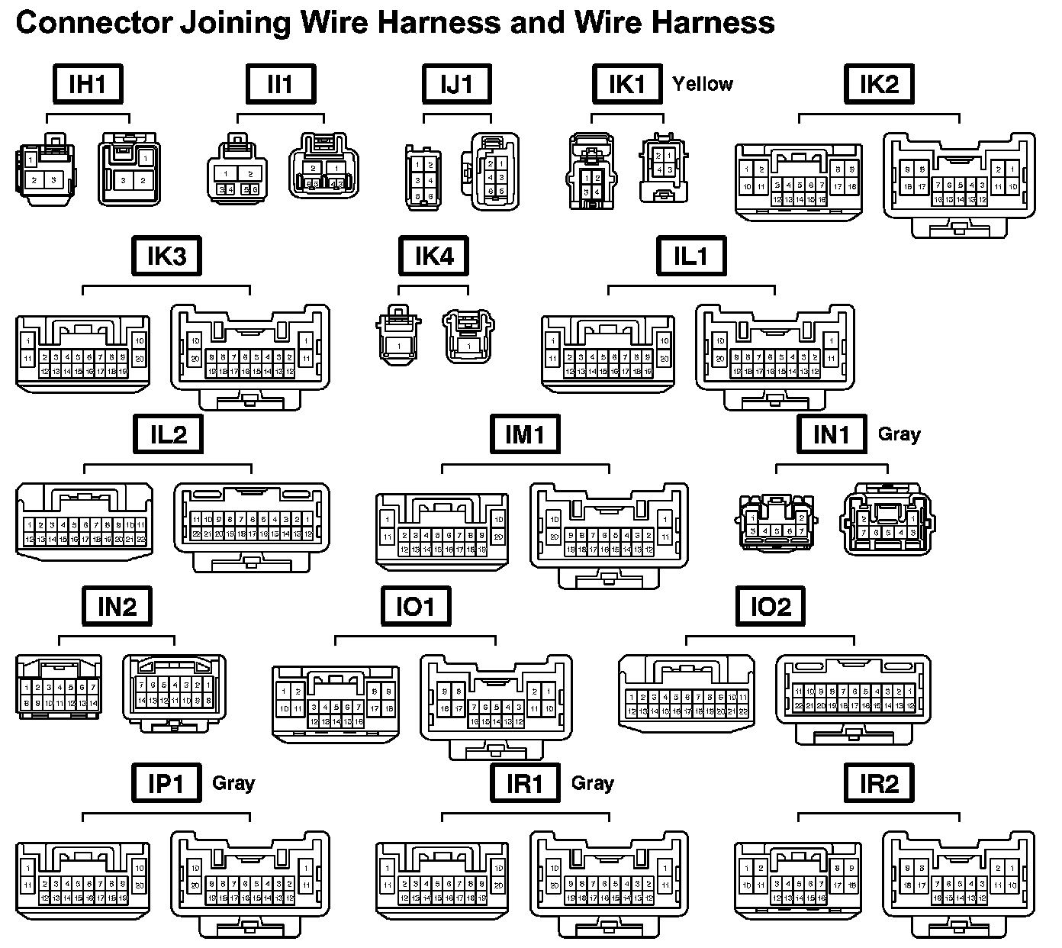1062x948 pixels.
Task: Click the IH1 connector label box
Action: [x=88, y=84]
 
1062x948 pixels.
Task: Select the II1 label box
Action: [x=281, y=84]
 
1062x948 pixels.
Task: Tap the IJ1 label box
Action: [x=457, y=84]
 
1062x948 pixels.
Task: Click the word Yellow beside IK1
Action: [x=702, y=84]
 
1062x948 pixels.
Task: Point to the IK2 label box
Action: [x=879, y=84]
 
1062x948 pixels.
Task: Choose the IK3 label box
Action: [x=166, y=256]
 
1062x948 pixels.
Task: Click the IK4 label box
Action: [x=433, y=256]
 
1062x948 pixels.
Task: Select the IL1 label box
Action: [x=690, y=256]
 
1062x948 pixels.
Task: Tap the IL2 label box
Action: [x=168, y=434]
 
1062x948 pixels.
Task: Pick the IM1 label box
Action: [x=525, y=434]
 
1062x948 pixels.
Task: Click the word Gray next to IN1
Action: [x=899, y=434]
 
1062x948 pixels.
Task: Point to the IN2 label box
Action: [x=117, y=606]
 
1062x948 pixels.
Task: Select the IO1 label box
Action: [x=416, y=606]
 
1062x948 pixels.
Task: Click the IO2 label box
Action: [x=771, y=606]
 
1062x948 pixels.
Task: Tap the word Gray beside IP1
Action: [x=233, y=783]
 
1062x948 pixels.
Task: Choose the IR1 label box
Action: [x=525, y=783]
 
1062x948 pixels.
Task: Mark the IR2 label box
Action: [x=879, y=783]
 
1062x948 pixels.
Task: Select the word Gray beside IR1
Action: [x=593, y=783]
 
